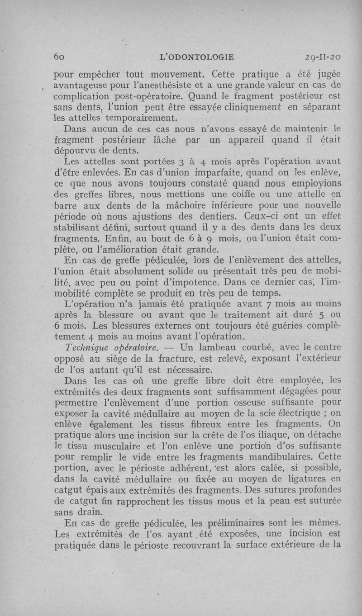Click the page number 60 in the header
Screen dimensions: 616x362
61,57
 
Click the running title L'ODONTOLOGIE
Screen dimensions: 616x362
197,57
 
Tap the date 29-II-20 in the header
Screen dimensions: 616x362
323,57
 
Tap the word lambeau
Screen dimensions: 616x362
222,347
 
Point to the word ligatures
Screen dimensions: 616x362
304,478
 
